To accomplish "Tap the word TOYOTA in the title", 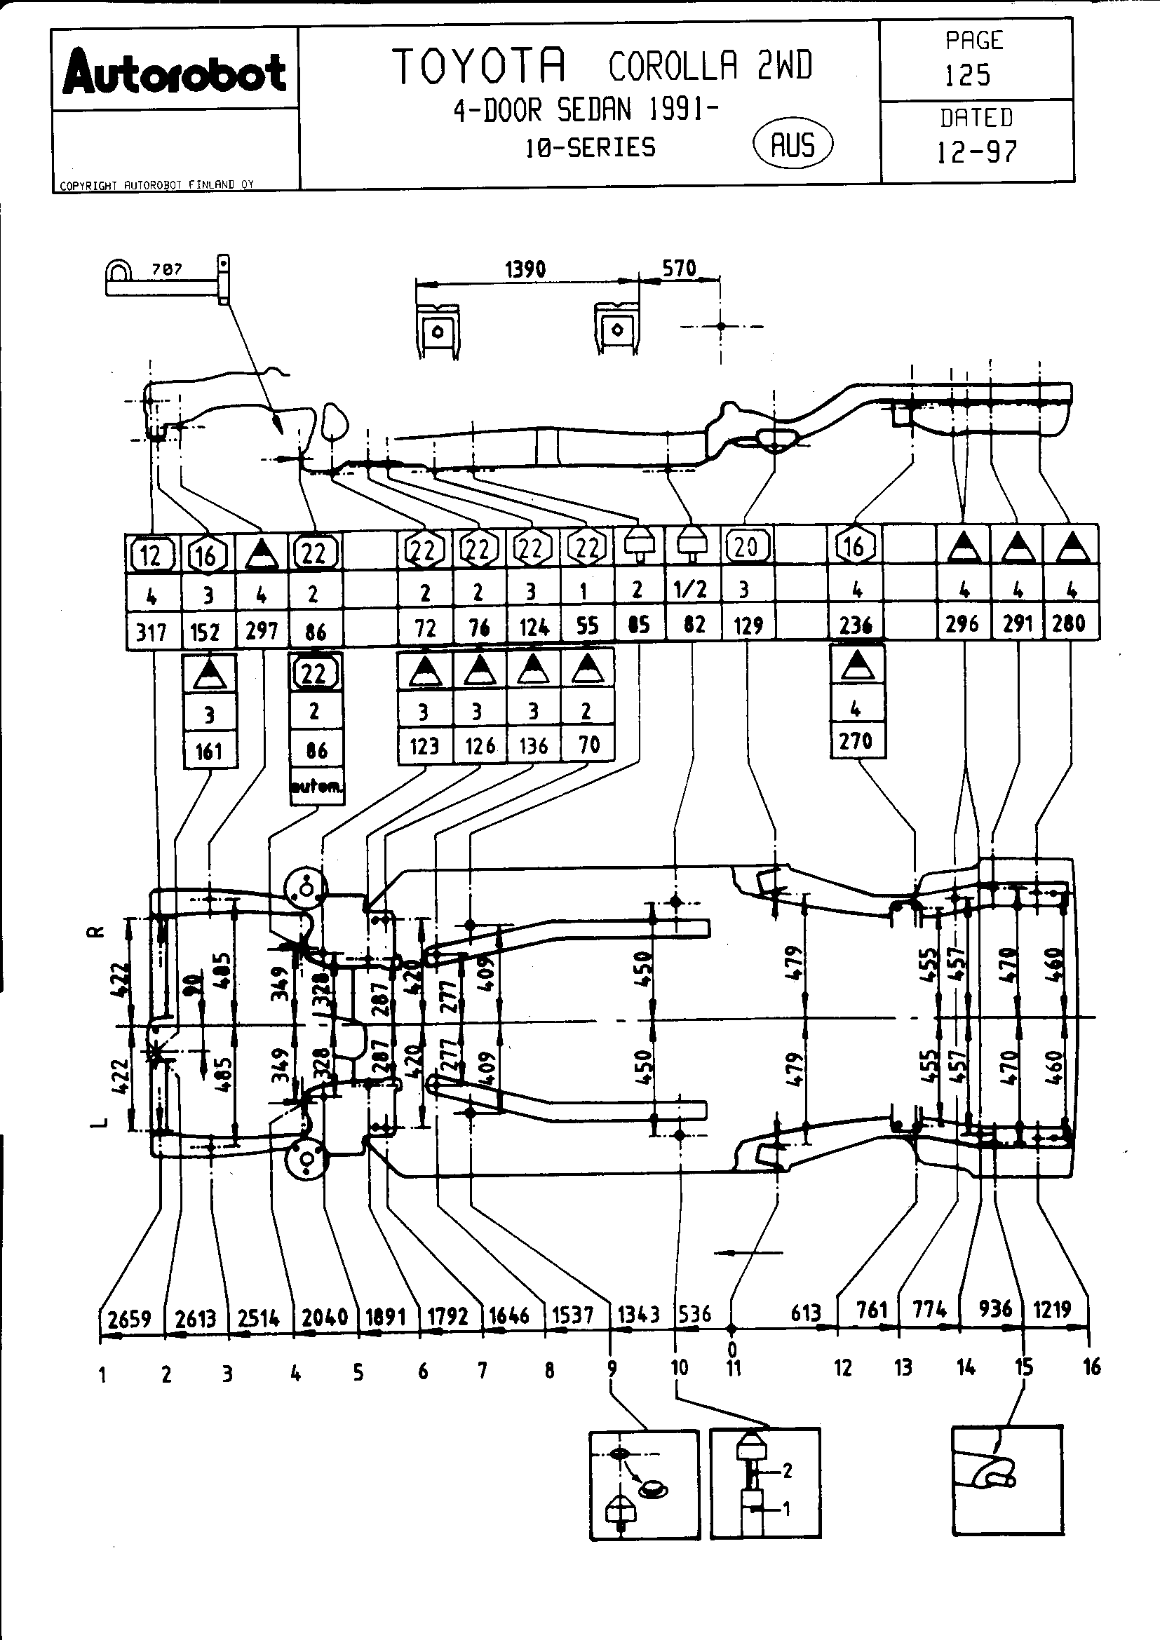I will [479, 66].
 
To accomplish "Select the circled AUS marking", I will [793, 145].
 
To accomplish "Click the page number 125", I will [968, 75].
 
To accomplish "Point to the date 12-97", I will [976, 151].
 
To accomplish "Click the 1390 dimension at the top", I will [525, 269].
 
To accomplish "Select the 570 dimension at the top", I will [679, 269].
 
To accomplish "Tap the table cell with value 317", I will [151, 632].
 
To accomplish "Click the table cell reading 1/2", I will [691, 589].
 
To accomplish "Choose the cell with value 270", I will [856, 740].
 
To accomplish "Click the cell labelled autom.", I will [316, 787].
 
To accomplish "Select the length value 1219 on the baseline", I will [1052, 1310].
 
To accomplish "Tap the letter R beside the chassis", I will [100, 931].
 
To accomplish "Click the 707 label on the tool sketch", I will [166, 269].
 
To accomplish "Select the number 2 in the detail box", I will [787, 1470].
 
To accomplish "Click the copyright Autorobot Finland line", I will [156, 185].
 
